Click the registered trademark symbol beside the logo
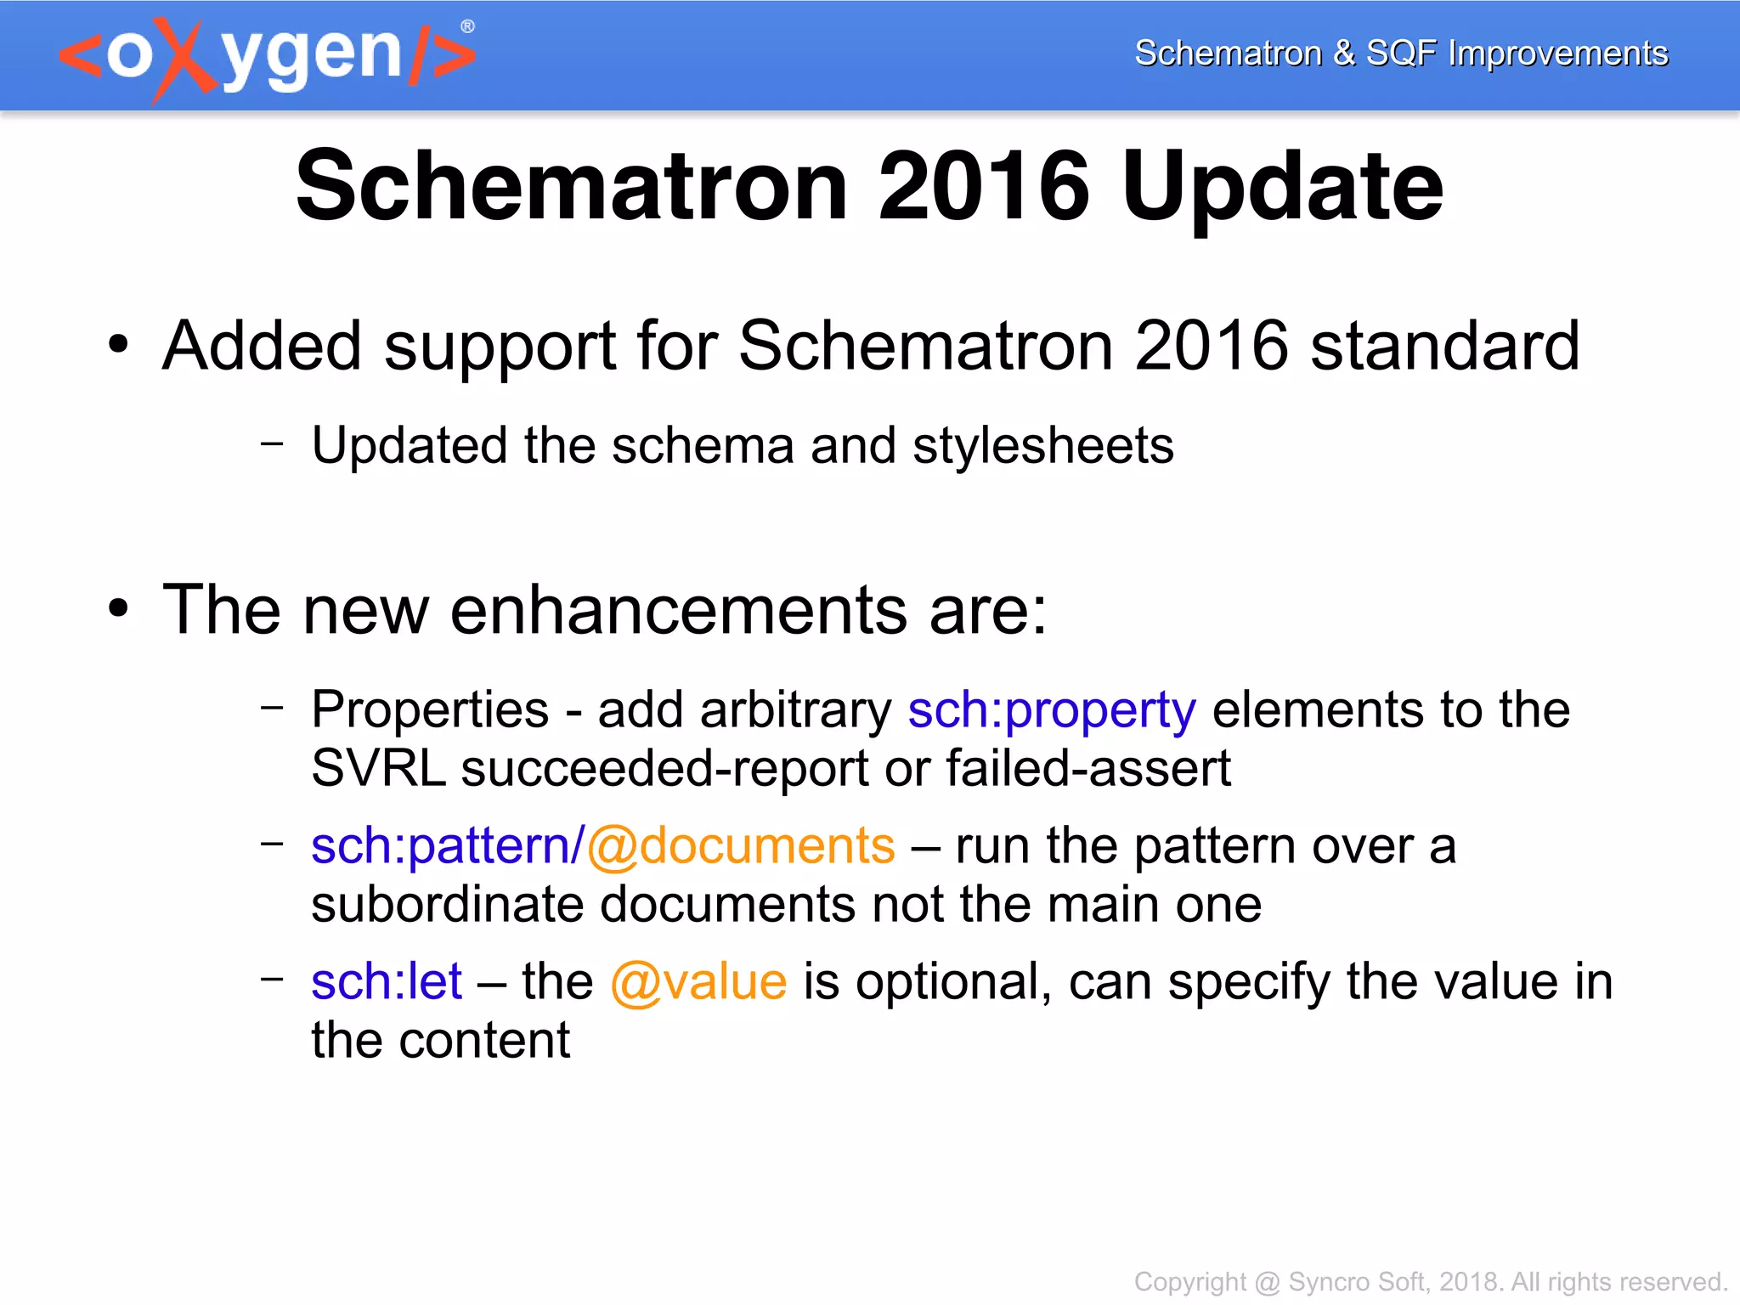(x=467, y=26)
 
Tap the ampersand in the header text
(x=1343, y=53)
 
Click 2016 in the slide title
(x=983, y=187)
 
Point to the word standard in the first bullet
(x=1444, y=347)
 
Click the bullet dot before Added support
(x=118, y=346)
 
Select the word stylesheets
(x=1042, y=446)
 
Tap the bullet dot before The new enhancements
(x=118, y=609)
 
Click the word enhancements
(x=679, y=610)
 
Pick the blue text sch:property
(x=1052, y=710)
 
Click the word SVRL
(x=378, y=769)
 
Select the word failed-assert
(x=1088, y=769)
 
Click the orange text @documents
(x=740, y=846)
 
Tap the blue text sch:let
(x=387, y=982)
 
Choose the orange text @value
(x=698, y=982)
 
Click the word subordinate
(x=447, y=905)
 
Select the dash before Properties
(x=272, y=706)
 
